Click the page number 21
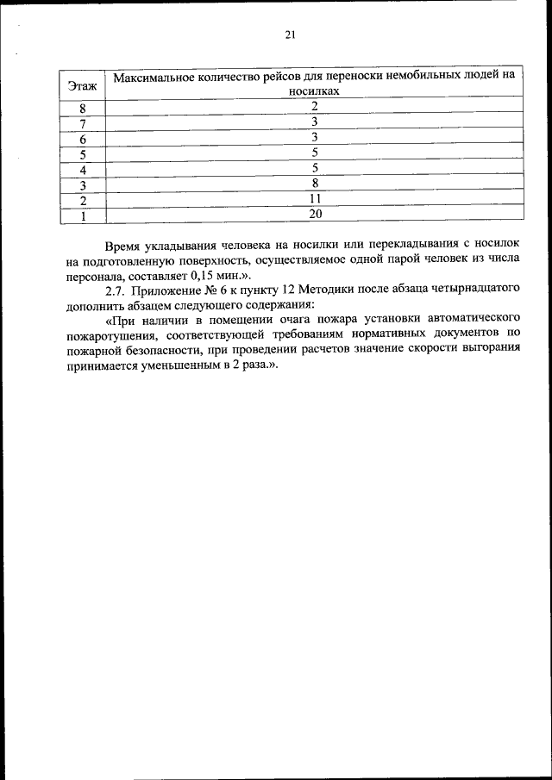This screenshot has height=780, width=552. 290,35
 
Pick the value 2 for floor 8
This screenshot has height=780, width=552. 316,107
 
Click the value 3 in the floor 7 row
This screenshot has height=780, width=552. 316,122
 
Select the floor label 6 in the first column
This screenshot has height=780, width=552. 83,140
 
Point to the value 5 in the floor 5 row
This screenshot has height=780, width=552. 316,153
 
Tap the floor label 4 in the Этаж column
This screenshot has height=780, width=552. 83,171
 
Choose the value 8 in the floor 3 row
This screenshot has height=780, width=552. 316,184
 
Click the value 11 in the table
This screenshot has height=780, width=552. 316,199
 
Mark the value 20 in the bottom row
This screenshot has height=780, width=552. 316,214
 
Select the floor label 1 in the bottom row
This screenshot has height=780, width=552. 83,216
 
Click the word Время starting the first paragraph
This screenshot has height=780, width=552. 124,246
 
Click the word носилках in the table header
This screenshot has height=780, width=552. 316,90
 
